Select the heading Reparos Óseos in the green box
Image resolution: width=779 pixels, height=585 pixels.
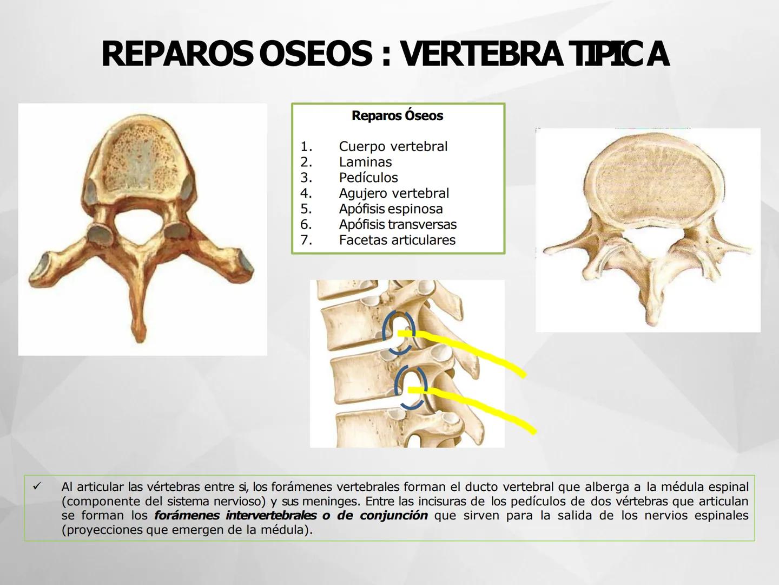tap(397, 115)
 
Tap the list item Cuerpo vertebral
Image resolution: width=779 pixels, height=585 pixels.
tap(393, 146)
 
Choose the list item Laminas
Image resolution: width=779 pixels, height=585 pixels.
tap(365, 162)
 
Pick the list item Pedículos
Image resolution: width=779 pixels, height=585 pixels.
tap(368, 178)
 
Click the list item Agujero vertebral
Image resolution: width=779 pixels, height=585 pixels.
tap(394, 193)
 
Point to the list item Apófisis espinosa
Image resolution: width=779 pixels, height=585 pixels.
tap(391, 209)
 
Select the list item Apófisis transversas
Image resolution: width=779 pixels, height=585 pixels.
tap(398, 224)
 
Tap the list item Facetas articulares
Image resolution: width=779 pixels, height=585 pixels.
tap(397, 240)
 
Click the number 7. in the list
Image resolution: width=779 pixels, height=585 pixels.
tap(306, 240)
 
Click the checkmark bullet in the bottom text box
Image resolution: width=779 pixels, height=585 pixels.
tap(37, 487)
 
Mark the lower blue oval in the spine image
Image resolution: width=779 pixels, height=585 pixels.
tap(411, 387)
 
